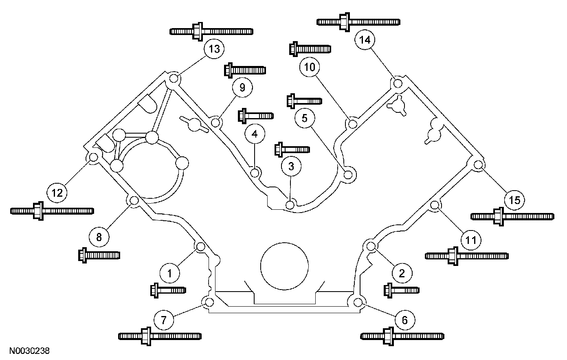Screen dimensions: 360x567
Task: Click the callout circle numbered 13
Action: click(214, 50)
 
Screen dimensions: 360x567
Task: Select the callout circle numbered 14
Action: click(365, 40)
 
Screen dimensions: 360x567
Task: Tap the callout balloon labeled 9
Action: click(242, 88)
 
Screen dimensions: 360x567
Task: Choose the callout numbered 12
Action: click(57, 192)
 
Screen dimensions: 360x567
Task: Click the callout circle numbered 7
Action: click(164, 320)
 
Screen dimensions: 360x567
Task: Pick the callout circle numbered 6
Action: click(404, 320)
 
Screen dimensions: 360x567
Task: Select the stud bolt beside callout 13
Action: click(211, 31)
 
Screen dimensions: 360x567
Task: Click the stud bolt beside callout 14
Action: click(358, 21)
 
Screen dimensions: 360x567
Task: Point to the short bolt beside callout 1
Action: click(168, 290)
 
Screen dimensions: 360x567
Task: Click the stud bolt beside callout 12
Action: click(52, 211)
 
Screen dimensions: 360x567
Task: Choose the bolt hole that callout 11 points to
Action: click(435, 205)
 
